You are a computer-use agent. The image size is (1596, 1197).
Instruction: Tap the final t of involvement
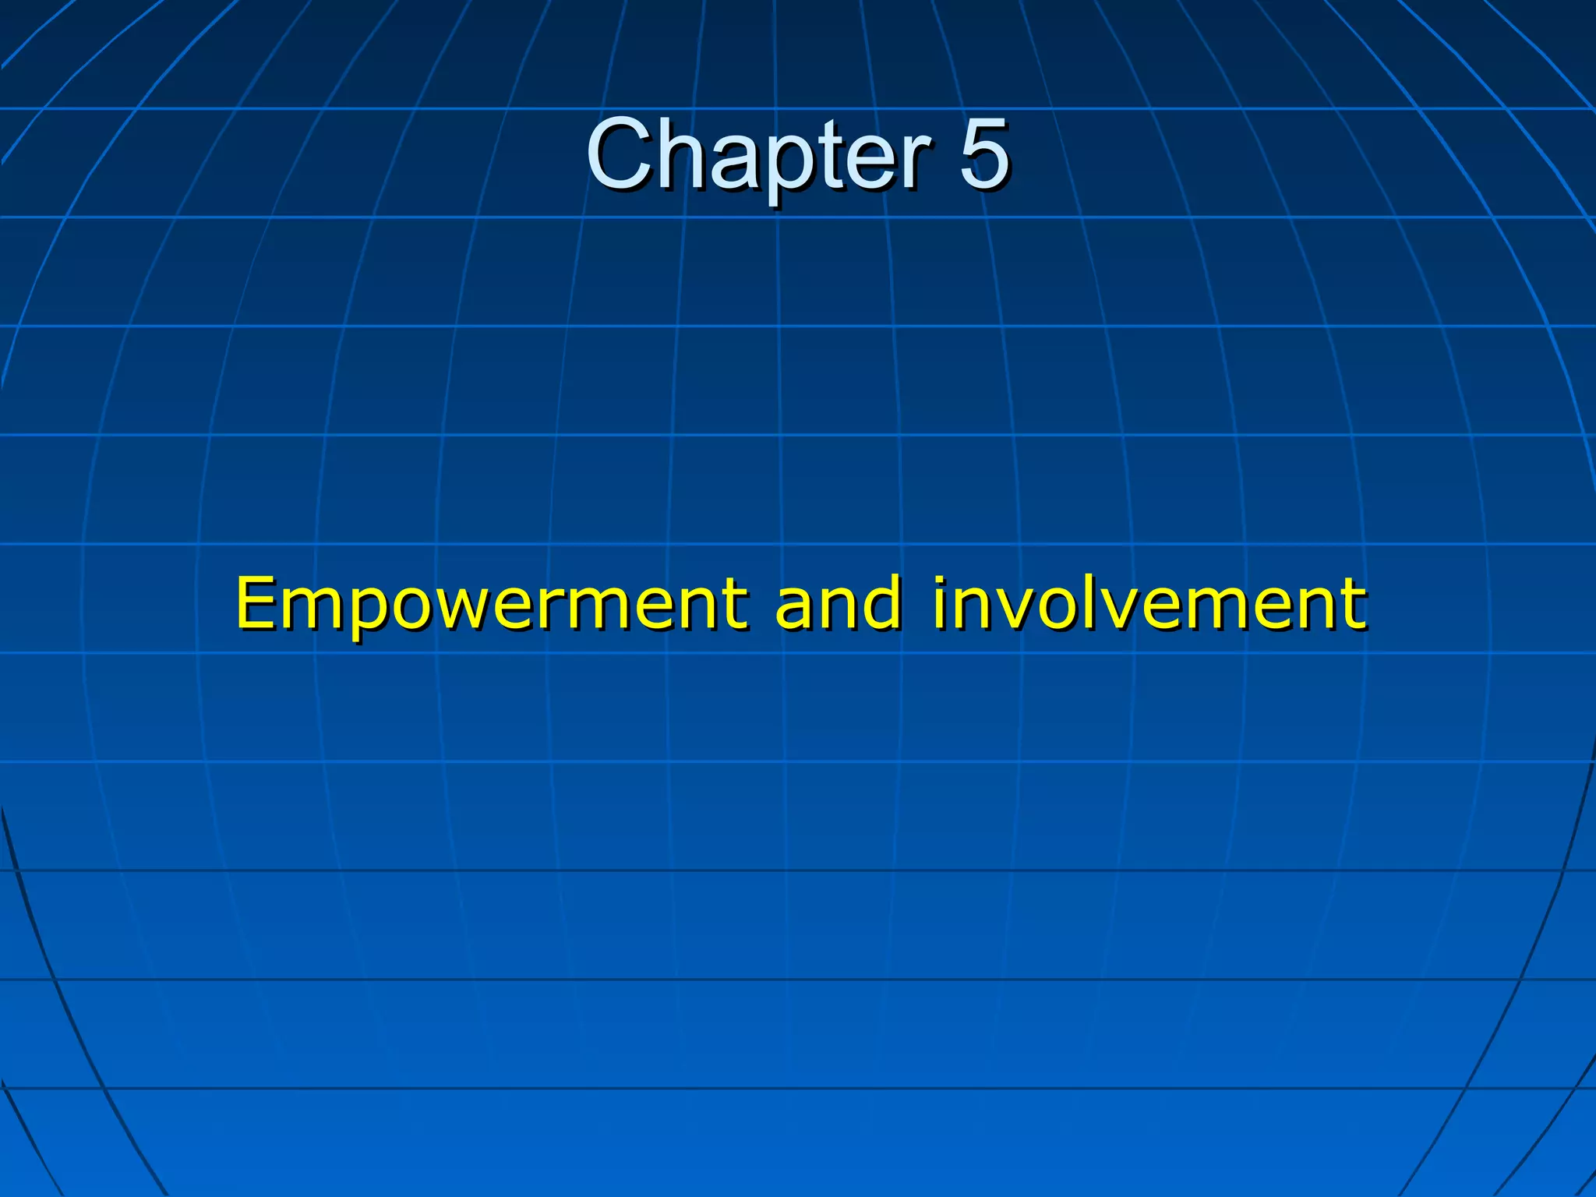click(x=1351, y=604)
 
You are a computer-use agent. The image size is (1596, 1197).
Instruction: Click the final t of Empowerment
click(x=732, y=604)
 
